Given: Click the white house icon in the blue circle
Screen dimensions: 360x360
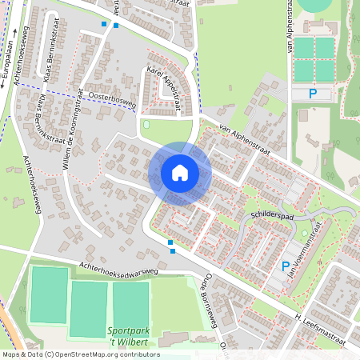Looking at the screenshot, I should point(180,172).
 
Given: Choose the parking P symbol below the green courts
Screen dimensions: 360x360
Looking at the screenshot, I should point(313,94).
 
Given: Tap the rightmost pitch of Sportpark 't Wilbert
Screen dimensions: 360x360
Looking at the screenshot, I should point(130,303).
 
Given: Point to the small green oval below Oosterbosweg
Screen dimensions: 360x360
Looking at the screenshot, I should point(146,125).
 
